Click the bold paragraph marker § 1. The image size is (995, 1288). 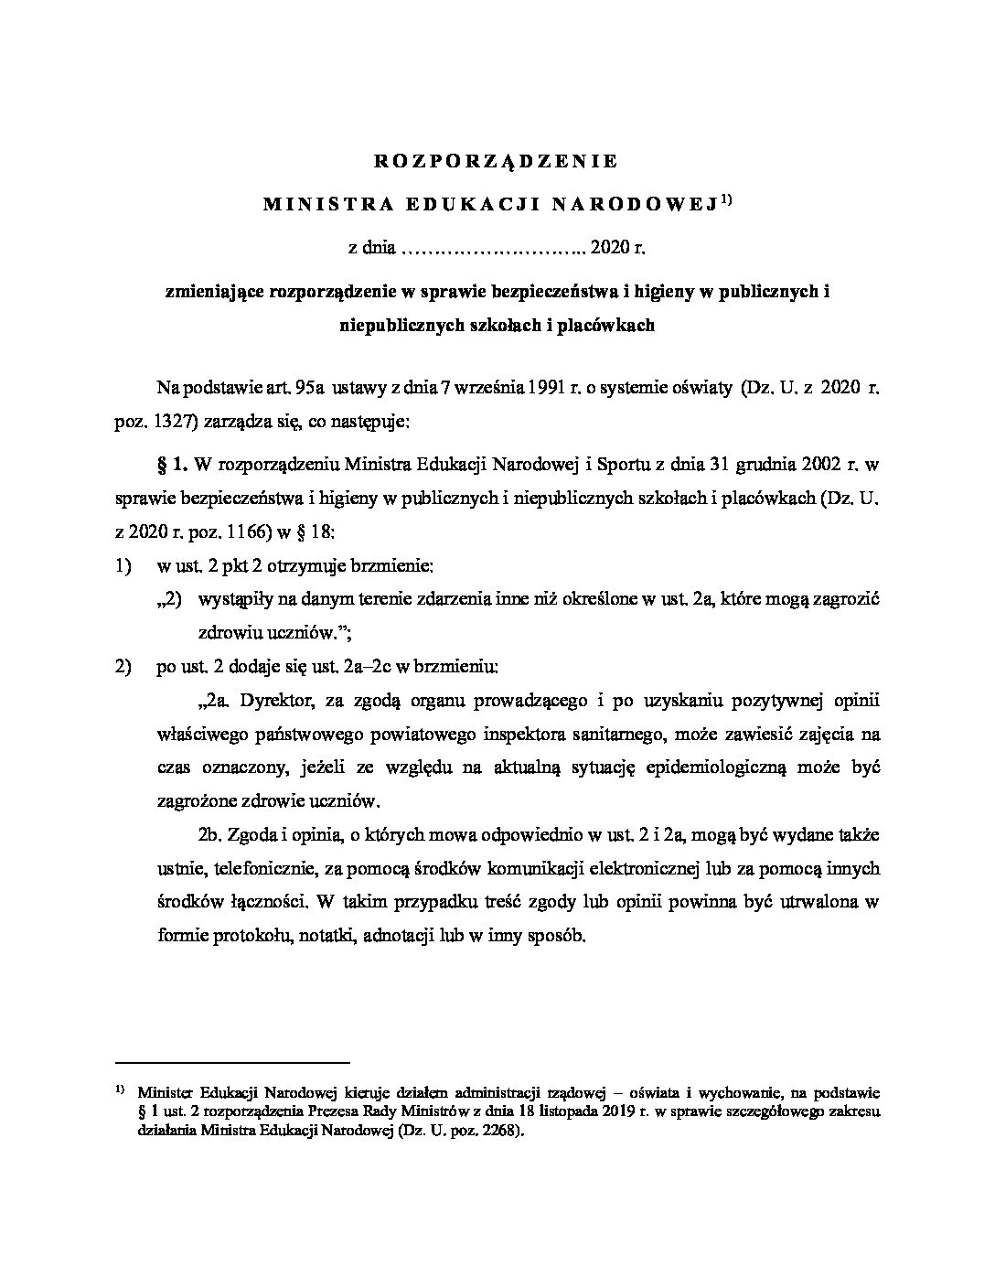click(x=174, y=465)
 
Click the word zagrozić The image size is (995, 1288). click(x=845, y=599)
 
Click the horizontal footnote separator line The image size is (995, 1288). click(x=234, y=1063)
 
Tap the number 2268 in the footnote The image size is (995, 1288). click(x=492, y=1131)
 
